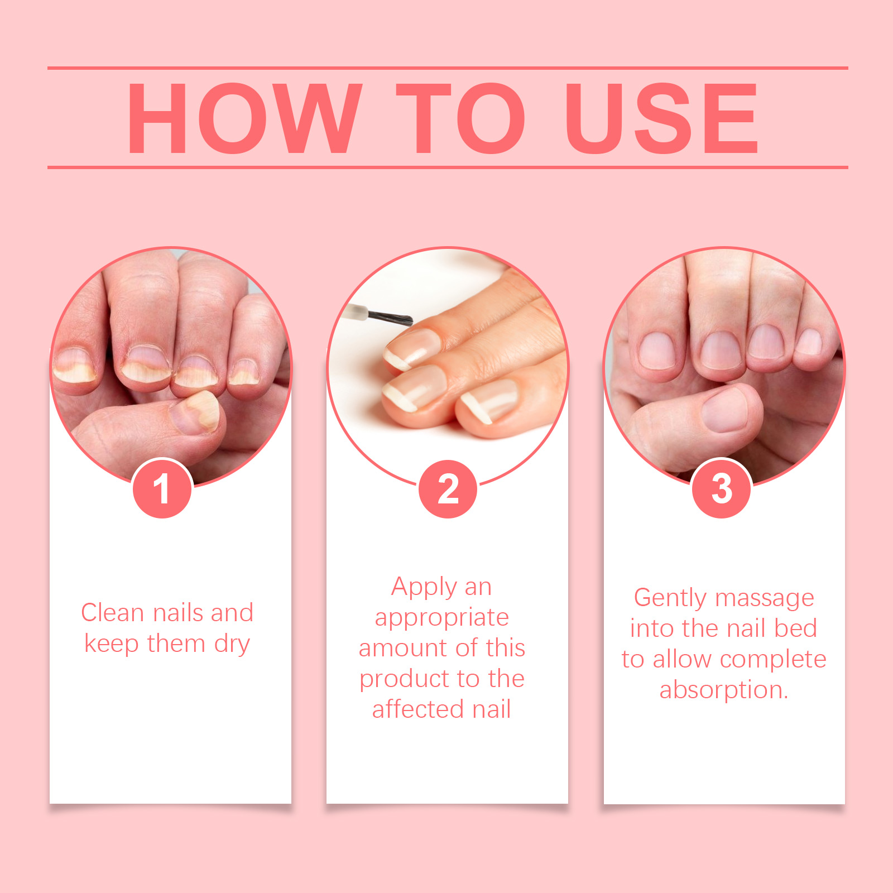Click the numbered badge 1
click(x=162, y=489)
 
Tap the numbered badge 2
click(x=448, y=489)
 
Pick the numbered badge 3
click(x=722, y=489)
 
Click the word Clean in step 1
click(x=113, y=613)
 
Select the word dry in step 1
click(x=232, y=645)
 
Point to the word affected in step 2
click(x=418, y=709)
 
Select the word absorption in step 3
click(x=724, y=691)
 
